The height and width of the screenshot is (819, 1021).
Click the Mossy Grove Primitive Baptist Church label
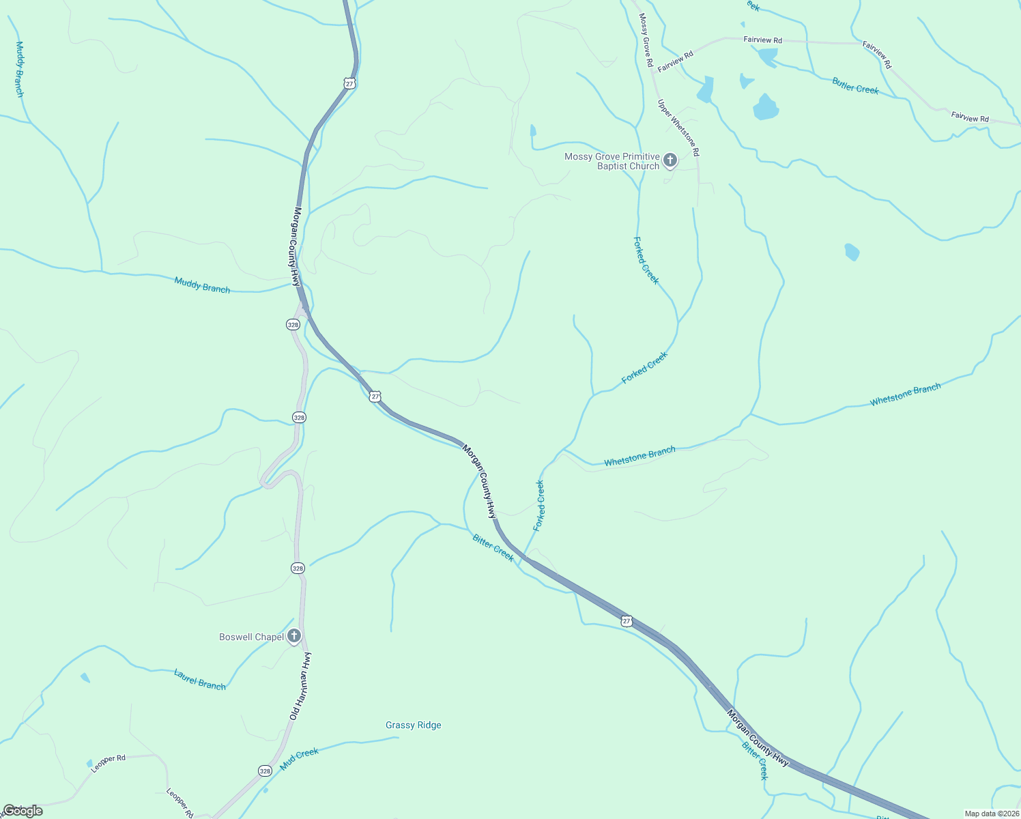[612, 161]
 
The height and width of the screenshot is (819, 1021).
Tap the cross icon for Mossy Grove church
[670, 160]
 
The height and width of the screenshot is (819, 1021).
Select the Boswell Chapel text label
[251, 637]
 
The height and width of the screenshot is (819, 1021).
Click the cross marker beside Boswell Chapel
[294, 637]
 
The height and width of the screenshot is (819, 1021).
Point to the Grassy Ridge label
[413, 725]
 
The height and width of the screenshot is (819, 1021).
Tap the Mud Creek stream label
[299, 758]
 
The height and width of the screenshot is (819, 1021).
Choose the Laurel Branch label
[199, 679]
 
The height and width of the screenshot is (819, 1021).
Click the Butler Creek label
[855, 86]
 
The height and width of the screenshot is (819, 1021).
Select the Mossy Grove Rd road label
[645, 40]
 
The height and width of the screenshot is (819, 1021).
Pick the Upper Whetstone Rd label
[678, 128]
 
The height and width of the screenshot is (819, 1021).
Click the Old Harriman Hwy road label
[300, 686]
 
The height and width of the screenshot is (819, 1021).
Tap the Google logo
[22, 811]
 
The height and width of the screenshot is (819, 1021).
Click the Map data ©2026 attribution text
[991, 814]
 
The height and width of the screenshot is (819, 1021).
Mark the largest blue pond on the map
[766, 107]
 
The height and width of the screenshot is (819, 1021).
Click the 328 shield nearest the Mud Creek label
[265, 771]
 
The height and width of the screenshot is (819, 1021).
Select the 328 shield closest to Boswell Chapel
[298, 568]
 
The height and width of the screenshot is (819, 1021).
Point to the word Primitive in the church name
[641, 156]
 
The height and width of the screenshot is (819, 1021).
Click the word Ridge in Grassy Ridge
[430, 725]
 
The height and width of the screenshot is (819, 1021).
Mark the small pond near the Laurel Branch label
[85, 677]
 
